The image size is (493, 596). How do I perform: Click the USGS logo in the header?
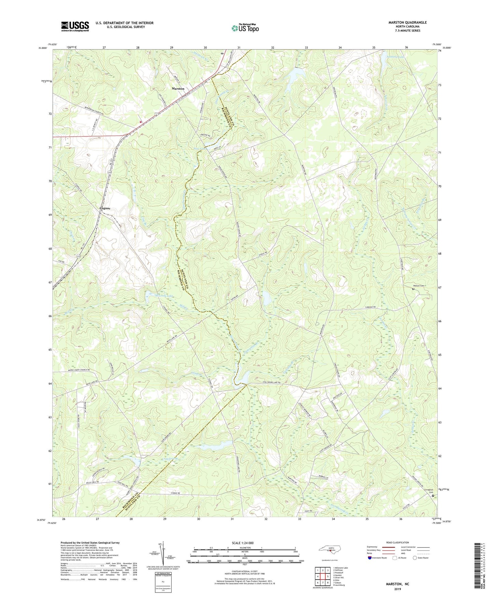coord(75,26)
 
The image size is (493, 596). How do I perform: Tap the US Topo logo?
coord(245,28)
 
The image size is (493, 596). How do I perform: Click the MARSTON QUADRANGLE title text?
coord(407,23)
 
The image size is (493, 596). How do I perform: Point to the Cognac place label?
coord(105,208)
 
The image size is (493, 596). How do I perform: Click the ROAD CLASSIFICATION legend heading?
coord(397,542)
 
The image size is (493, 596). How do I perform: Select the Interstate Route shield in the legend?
coord(371,558)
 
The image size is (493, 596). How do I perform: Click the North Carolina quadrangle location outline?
coord(330,549)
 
